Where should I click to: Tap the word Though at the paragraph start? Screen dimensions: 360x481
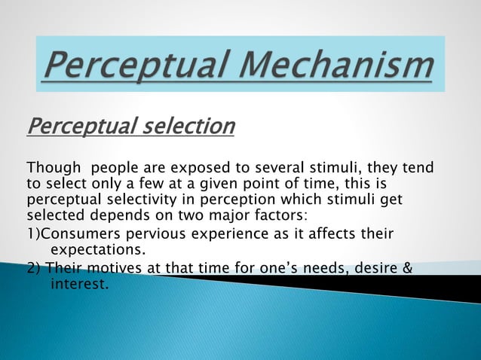pos(53,167)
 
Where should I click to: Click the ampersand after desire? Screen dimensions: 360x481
pos(408,269)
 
